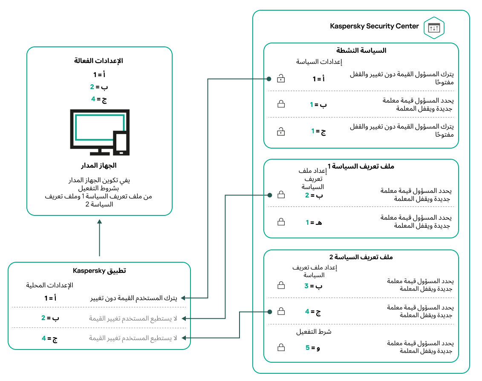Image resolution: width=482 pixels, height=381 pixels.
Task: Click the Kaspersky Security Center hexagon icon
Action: click(x=434, y=27)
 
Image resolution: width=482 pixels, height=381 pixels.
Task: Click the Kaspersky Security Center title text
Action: click(x=374, y=26)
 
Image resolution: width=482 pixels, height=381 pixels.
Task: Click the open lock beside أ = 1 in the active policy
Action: click(x=280, y=79)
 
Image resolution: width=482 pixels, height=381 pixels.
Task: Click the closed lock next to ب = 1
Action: click(x=281, y=104)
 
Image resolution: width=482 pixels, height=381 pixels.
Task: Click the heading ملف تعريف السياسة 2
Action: click(x=361, y=257)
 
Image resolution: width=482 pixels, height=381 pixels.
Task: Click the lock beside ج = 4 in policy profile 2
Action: click(x=281, y=312)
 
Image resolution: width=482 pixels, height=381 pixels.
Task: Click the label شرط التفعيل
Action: click(x=314, y=331)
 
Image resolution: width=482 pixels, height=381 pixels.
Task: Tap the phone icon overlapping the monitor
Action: click(x=121, y=143)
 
